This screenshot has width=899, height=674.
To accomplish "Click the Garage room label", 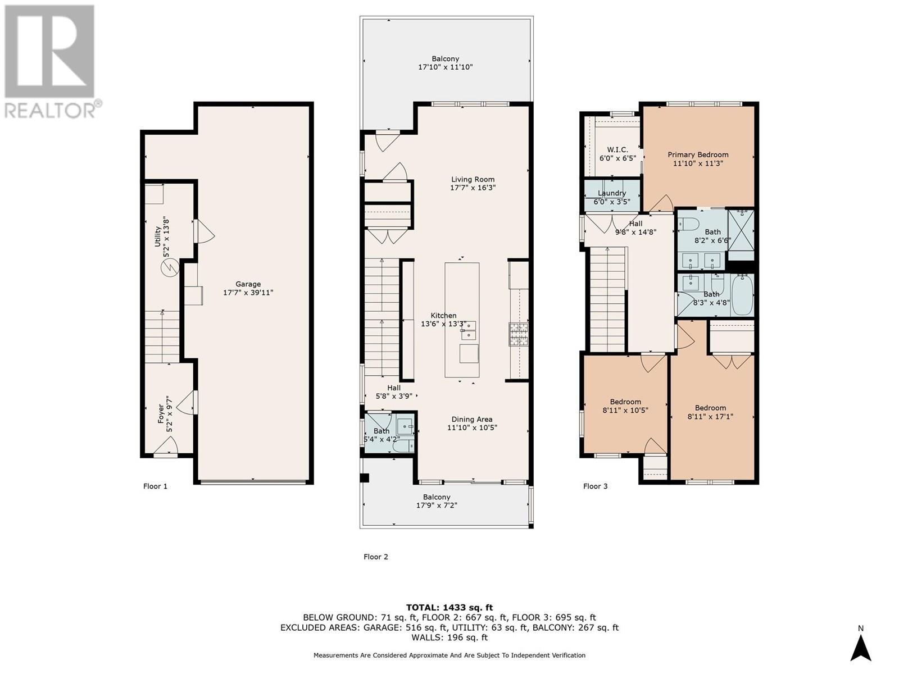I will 248,284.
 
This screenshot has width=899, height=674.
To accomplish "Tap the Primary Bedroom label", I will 698,154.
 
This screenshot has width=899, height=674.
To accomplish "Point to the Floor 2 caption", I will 376,557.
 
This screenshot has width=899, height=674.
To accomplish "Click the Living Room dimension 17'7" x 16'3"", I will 473,188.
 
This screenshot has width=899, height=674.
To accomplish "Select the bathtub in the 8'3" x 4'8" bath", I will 741,295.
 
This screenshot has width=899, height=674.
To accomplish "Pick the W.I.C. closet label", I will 618,150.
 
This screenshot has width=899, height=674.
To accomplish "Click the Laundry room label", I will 612,193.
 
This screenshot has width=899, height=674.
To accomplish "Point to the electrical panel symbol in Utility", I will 168,269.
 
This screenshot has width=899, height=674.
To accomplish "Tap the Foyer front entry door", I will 165,447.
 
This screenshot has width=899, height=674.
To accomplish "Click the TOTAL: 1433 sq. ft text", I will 449,607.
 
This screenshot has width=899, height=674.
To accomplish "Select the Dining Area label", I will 472,419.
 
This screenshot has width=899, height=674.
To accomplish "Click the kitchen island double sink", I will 468,331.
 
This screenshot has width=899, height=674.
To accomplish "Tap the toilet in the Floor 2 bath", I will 402,447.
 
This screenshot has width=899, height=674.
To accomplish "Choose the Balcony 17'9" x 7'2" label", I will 437,497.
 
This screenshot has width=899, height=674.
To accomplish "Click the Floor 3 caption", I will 595,486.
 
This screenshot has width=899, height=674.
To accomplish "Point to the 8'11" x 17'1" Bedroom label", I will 710,408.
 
